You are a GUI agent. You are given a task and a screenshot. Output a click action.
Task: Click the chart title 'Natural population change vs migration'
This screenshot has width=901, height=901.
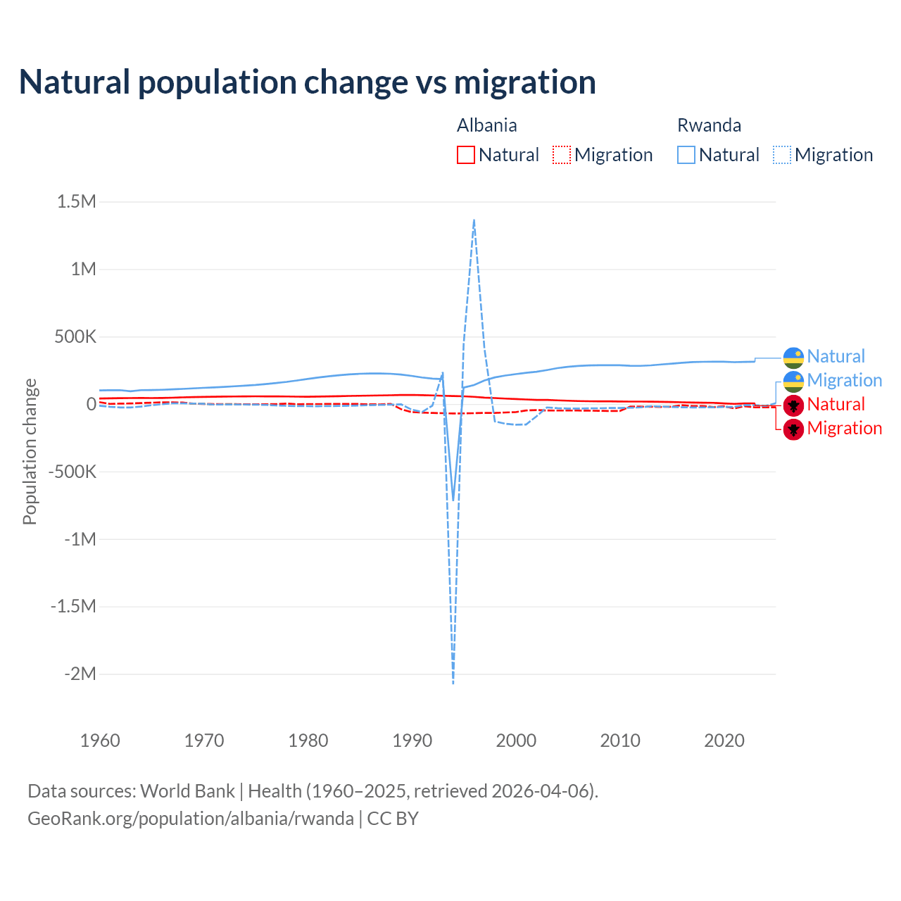307,82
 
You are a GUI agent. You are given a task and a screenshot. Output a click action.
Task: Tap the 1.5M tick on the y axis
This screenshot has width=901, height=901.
77,202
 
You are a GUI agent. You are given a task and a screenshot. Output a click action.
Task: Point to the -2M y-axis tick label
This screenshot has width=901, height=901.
80,674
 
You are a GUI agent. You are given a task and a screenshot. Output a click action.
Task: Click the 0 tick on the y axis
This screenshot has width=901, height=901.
91,404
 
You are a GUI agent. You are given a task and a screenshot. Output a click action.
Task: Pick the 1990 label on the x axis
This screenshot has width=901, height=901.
412,741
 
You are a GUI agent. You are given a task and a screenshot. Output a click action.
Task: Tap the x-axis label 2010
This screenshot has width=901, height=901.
620,741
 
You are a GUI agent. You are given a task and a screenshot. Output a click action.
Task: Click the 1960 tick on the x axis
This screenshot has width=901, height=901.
100,741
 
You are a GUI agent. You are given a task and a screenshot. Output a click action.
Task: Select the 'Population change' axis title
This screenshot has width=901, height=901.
30,452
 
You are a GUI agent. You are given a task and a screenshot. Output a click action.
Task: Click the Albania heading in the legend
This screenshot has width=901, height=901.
486,125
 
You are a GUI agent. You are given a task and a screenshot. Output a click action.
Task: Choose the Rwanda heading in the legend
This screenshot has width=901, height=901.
709,125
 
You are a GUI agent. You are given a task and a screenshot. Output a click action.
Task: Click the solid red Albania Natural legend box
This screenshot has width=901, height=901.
466,155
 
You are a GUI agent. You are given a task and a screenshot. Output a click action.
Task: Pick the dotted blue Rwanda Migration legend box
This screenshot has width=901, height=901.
782,155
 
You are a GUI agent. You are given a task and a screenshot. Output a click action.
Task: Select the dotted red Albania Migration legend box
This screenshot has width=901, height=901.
562,155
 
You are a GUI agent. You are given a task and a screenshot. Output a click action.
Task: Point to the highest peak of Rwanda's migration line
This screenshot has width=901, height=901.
474,220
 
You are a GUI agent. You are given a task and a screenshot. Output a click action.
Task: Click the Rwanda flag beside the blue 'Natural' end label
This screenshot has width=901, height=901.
793,357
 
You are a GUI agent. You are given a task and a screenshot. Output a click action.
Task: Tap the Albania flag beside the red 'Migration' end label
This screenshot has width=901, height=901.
793,429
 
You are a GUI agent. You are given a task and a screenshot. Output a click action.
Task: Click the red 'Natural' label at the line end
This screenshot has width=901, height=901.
836,405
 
